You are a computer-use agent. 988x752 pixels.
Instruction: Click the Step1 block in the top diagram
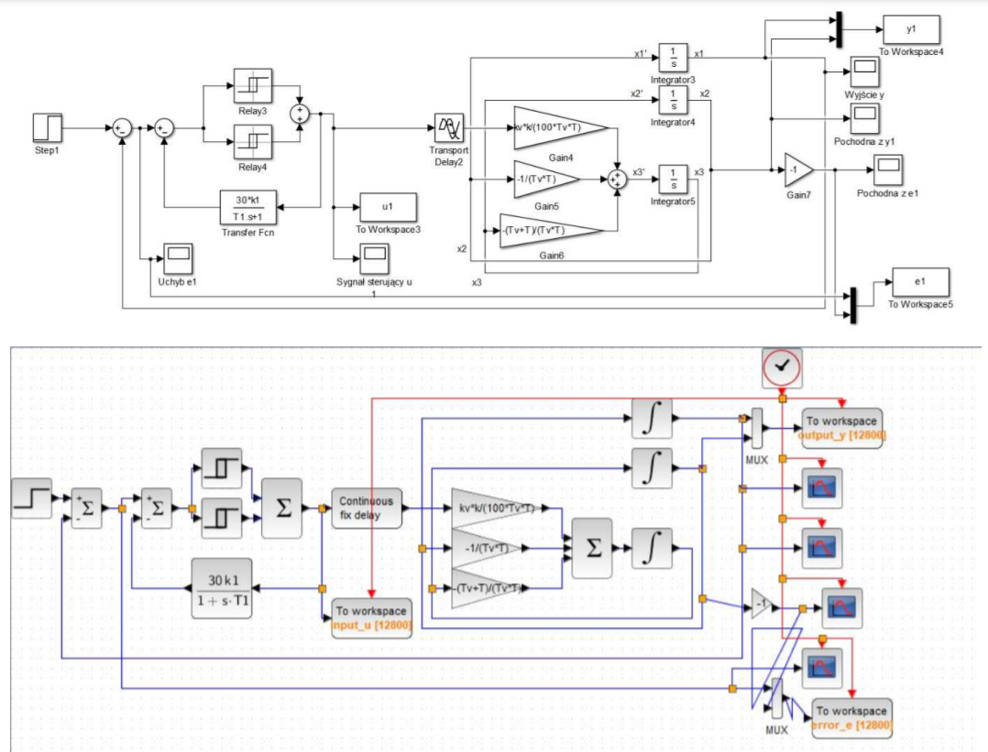point(47,126)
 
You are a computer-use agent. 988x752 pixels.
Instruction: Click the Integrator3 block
point(673,57)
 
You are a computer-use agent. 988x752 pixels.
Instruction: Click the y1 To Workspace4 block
point(910,29)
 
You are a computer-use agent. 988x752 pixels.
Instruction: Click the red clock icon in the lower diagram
point(781,366)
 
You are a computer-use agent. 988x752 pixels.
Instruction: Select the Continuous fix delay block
point(367,507)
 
